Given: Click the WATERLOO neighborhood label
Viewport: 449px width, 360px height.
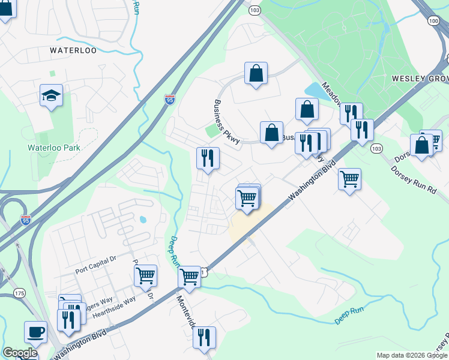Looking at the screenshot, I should coord(73,50).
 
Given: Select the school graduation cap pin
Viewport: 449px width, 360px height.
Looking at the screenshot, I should coord(52,95).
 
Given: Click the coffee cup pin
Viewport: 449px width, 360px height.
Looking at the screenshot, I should coord(35,332).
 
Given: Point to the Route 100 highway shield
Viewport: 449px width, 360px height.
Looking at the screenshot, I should coord(434,20).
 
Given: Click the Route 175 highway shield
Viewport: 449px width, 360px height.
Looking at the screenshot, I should coord(20,293).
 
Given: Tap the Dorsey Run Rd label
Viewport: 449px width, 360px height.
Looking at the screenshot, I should coord(414,179).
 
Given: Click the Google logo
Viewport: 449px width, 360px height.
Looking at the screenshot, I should coord(20,353).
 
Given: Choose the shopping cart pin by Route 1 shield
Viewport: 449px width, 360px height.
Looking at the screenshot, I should coord(190,277).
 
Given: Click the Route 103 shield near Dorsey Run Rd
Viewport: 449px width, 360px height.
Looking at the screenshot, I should coord(376,148).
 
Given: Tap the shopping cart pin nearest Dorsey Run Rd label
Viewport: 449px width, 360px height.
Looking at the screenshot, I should coord(349,179).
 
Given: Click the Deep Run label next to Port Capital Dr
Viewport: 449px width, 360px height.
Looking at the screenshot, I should coord(175,252).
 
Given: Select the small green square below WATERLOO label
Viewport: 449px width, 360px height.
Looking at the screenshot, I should coord(52,73).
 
